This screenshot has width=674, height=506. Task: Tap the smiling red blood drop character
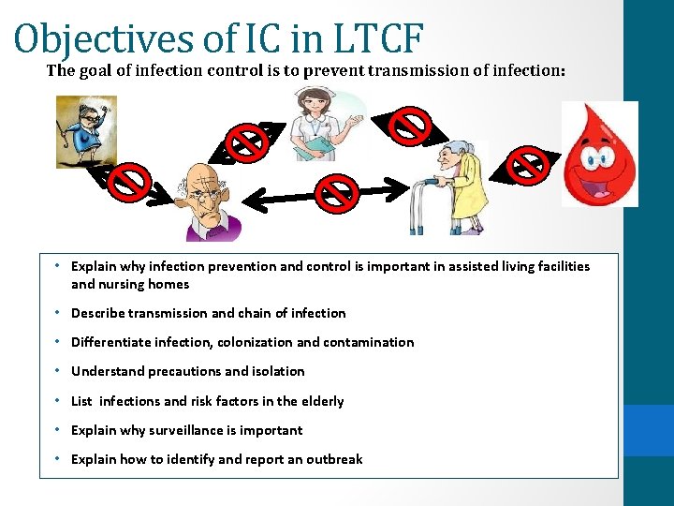[599, 155]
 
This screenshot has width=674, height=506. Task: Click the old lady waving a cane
[86, 131]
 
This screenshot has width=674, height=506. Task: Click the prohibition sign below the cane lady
[131, 183]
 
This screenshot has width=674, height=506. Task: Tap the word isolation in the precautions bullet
[275, 371]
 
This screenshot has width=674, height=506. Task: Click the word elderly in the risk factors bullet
[321, 401]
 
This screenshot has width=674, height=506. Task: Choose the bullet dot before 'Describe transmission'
[58, 313]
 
